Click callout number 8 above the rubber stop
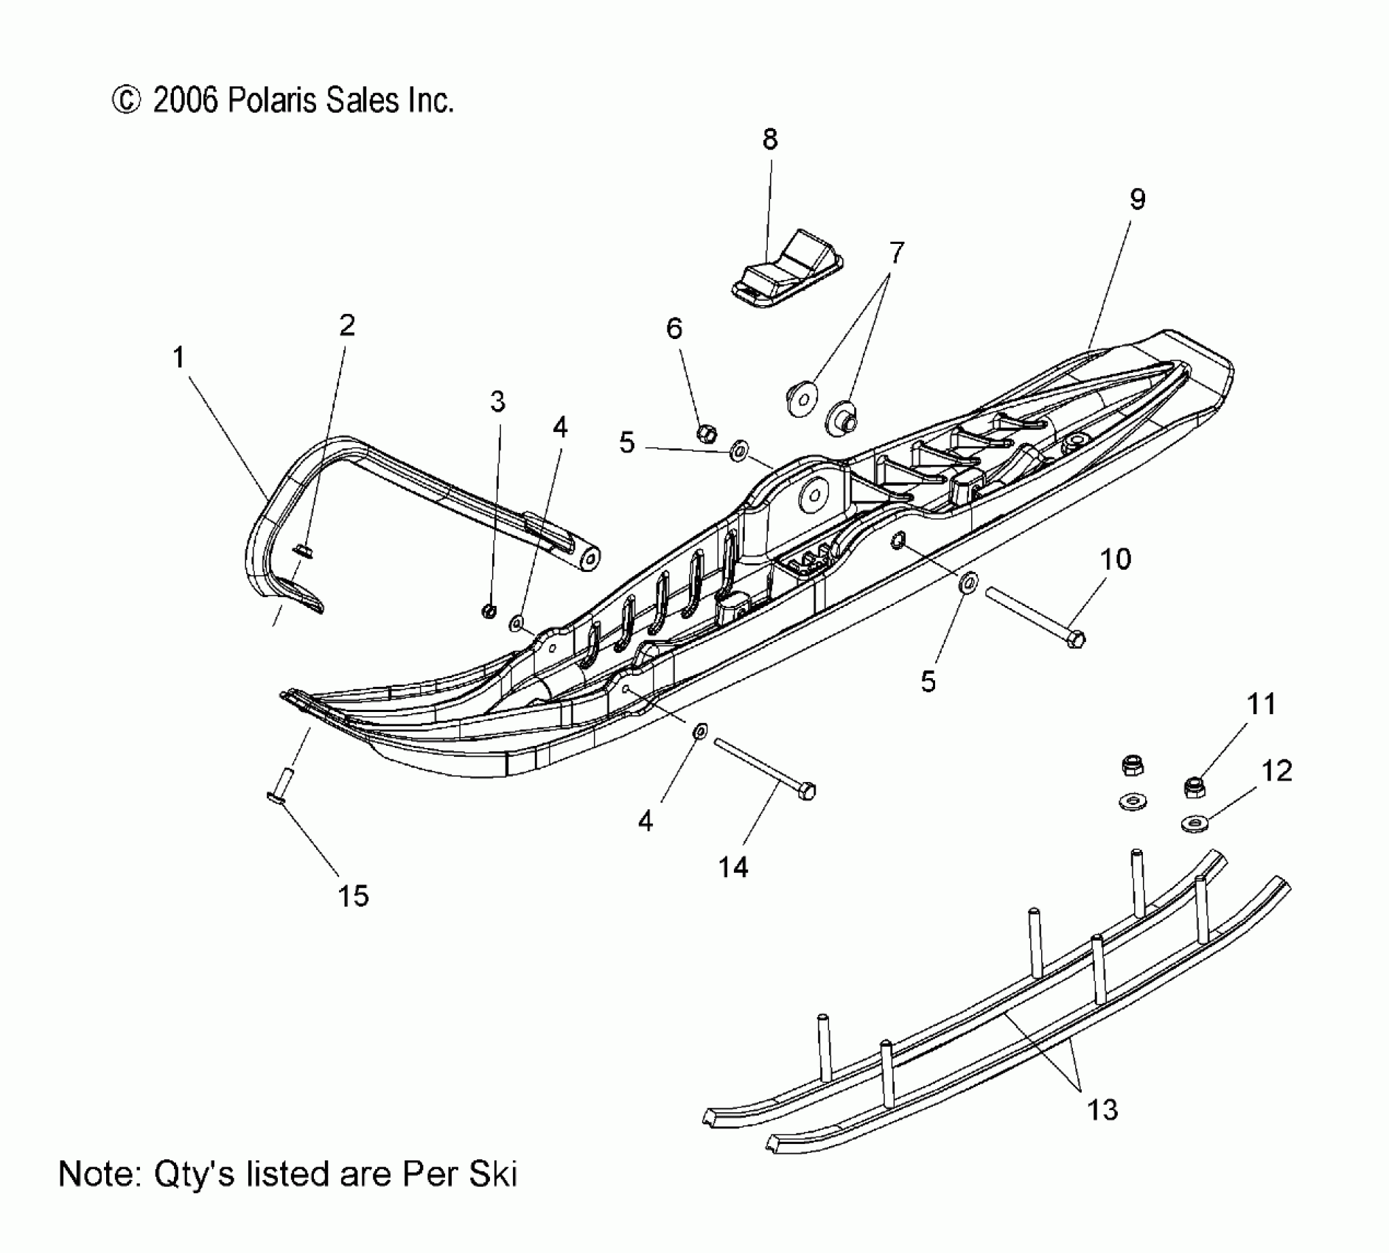tap(769, 139)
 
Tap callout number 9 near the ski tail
tap(1137, 199)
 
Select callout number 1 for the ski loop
tap(178, 358)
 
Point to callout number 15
tap(353, 896)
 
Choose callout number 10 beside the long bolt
tap(1116, 559)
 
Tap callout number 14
tap(733, 868)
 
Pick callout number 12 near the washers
tap(1276, 771)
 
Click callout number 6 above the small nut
tap(674, 329)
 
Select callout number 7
tap(895, 254)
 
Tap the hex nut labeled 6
tap(706, 433)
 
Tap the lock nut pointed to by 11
tap(1193, 786)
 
